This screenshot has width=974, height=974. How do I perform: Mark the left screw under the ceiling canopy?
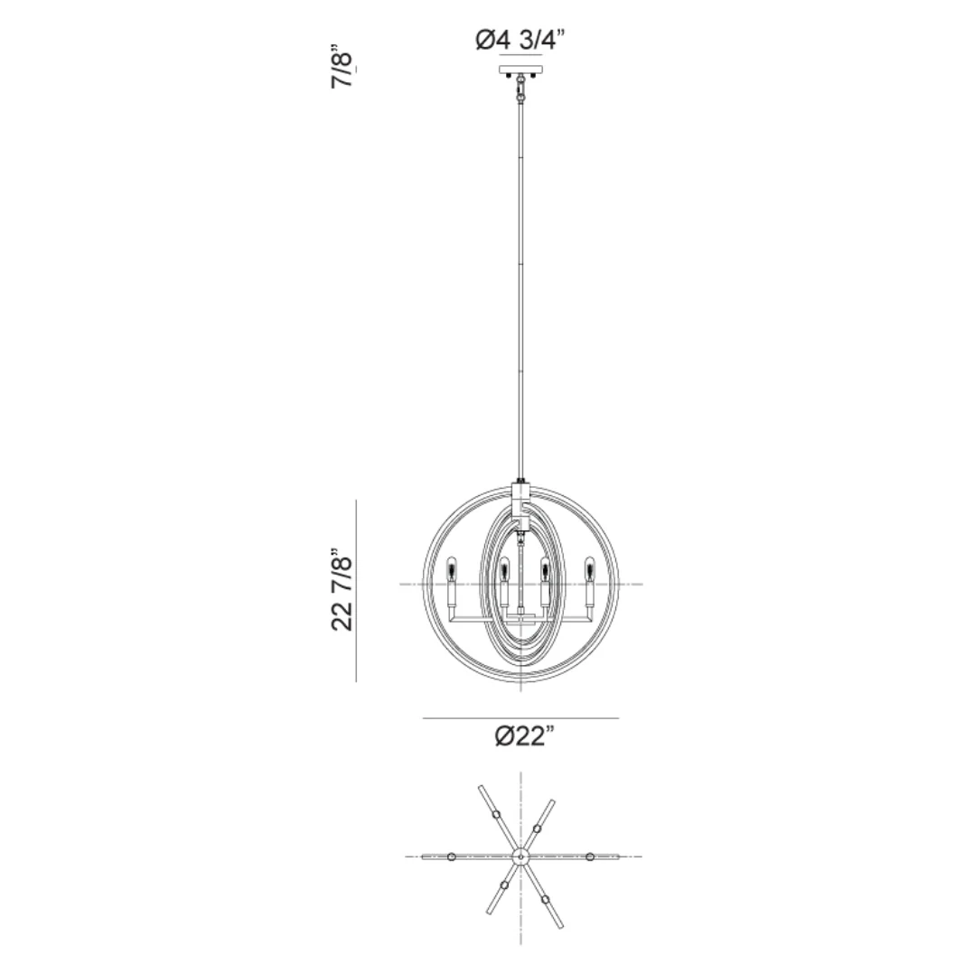509,77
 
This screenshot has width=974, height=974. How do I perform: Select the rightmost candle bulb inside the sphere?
590,569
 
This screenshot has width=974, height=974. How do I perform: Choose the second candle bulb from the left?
503,569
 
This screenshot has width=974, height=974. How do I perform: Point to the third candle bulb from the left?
546,569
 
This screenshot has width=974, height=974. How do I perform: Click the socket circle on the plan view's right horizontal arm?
589,856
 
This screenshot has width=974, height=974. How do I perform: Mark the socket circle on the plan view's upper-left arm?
496,815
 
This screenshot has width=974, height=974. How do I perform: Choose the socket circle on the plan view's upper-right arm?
538,828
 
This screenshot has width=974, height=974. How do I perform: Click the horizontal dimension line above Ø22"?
520,718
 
